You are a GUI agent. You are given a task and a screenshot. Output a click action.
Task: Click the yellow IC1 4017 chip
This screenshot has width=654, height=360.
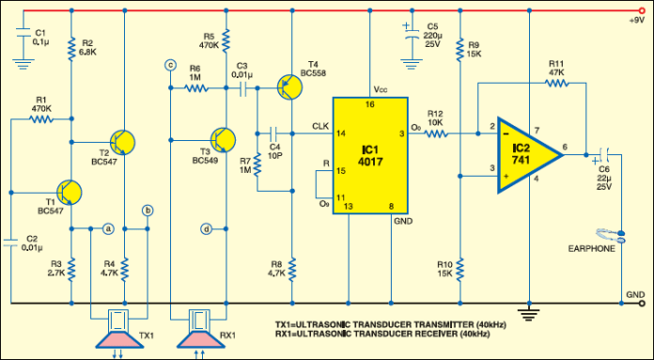pos(369,154)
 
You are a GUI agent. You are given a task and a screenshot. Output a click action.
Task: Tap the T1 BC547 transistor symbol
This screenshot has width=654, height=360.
pos(68,192)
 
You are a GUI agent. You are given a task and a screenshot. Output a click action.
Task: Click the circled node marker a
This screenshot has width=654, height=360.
pos(108,227)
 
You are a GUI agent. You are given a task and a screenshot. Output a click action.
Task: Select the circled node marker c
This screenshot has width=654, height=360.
pos(170,65)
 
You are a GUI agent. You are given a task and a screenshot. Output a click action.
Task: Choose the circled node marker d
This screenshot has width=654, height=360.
pos(207,228)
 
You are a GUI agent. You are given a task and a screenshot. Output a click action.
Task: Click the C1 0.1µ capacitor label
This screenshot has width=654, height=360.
pos(39,37)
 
